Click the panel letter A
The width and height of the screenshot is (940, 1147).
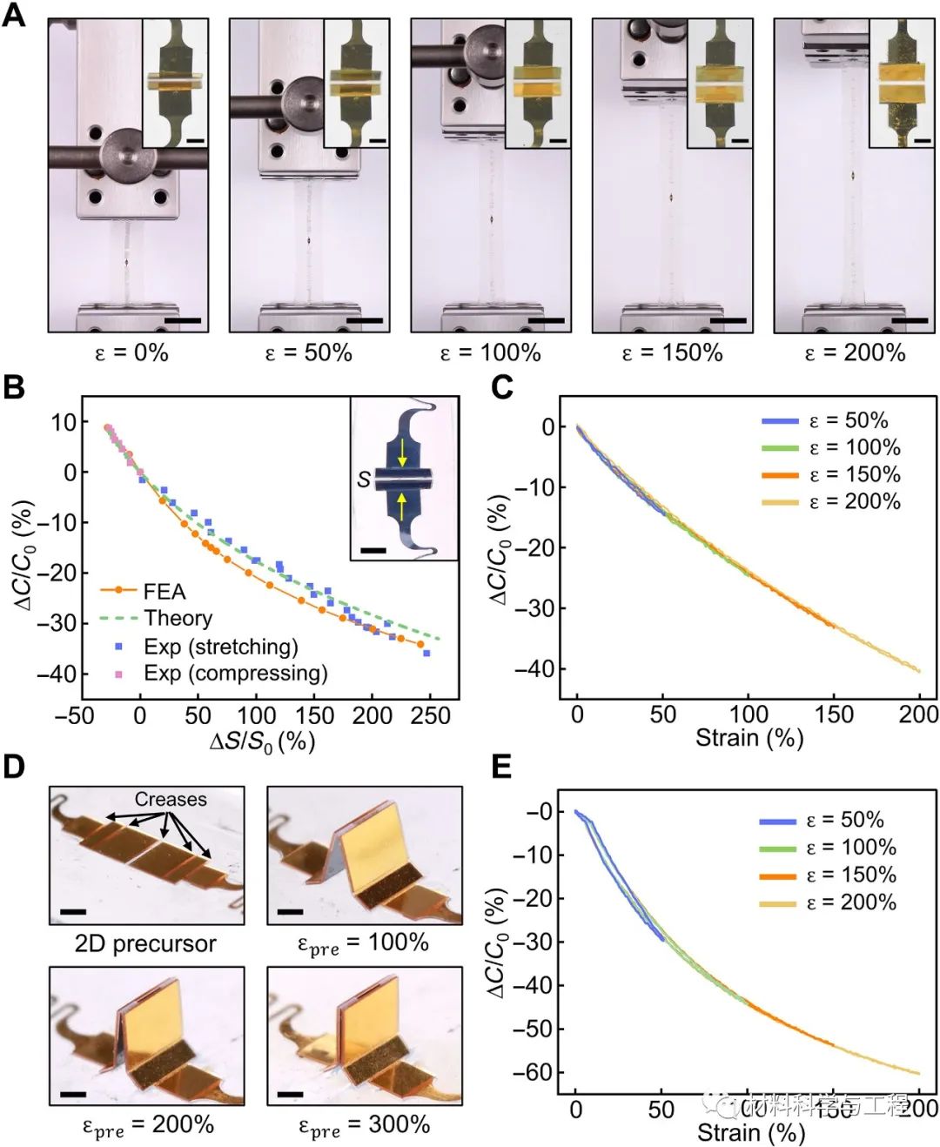[x=14, y=15]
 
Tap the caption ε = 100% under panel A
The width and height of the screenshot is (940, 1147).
[x=490, y=352]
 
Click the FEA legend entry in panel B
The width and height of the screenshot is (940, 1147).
[x=164, y=592]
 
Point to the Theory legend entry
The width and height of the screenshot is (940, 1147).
[x=178, y=618]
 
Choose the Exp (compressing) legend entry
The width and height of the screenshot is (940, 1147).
[x=235, y=674]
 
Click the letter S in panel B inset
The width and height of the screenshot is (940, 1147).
[x=364, y=479]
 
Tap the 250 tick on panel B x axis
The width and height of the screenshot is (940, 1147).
[x=430, y=715]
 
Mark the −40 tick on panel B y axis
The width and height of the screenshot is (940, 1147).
[x=57, y=674]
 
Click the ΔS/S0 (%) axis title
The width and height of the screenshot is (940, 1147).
[x=262, y=742]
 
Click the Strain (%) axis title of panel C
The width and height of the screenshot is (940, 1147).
[x=749, y=739]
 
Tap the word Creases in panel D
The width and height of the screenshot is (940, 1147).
[x=171, y=799]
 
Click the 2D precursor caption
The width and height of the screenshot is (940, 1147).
[x=145, y=943]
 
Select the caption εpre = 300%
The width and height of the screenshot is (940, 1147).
[x=364, y=1124]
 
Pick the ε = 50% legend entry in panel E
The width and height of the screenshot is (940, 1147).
[x=844, y=820]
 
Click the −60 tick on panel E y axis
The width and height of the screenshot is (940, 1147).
[x=534, y=1072]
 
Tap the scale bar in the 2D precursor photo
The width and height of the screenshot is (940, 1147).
[x=74, y=912]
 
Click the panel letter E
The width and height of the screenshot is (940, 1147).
[x=501, y=768]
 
